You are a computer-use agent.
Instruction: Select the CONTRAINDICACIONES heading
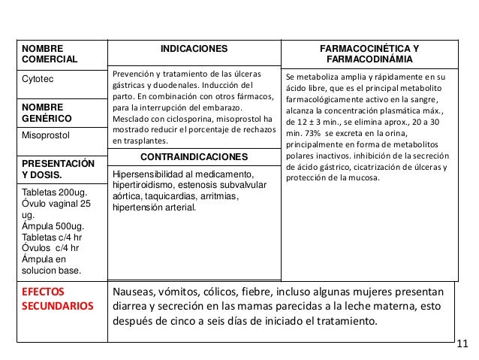coord(194,158)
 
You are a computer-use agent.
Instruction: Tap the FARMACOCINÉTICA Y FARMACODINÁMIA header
coord(370,53)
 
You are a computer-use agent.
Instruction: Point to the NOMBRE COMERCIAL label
coord(44,53)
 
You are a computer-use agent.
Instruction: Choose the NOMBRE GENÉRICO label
coord(46,113)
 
